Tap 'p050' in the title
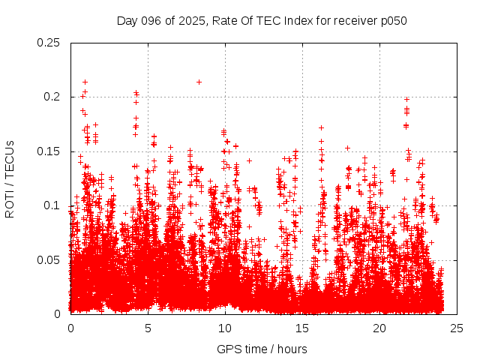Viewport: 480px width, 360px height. (394, 21)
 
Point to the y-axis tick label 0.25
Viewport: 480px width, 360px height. (49, 43)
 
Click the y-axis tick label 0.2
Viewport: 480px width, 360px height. (52, 97)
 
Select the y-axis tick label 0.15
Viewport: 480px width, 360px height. (49, 151)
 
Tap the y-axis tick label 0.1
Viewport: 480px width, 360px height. (52, 205)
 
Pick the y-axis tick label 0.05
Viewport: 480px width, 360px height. (49, 260)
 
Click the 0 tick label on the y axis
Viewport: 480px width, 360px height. (58, 314)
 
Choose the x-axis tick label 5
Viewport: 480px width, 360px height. (148, 328)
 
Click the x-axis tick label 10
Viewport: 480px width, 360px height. (225, 328)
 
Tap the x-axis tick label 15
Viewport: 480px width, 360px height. (302, 328)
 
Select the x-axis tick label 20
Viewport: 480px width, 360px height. (379, 328)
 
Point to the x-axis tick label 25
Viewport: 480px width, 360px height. (457, 328)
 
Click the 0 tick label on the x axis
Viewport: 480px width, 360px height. (70, 328)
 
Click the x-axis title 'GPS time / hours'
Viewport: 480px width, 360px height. (262, 349)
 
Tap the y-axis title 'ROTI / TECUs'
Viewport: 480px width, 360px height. (10, 178)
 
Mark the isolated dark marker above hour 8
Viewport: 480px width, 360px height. (199, 82)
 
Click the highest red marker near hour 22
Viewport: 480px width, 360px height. (406, 99)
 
